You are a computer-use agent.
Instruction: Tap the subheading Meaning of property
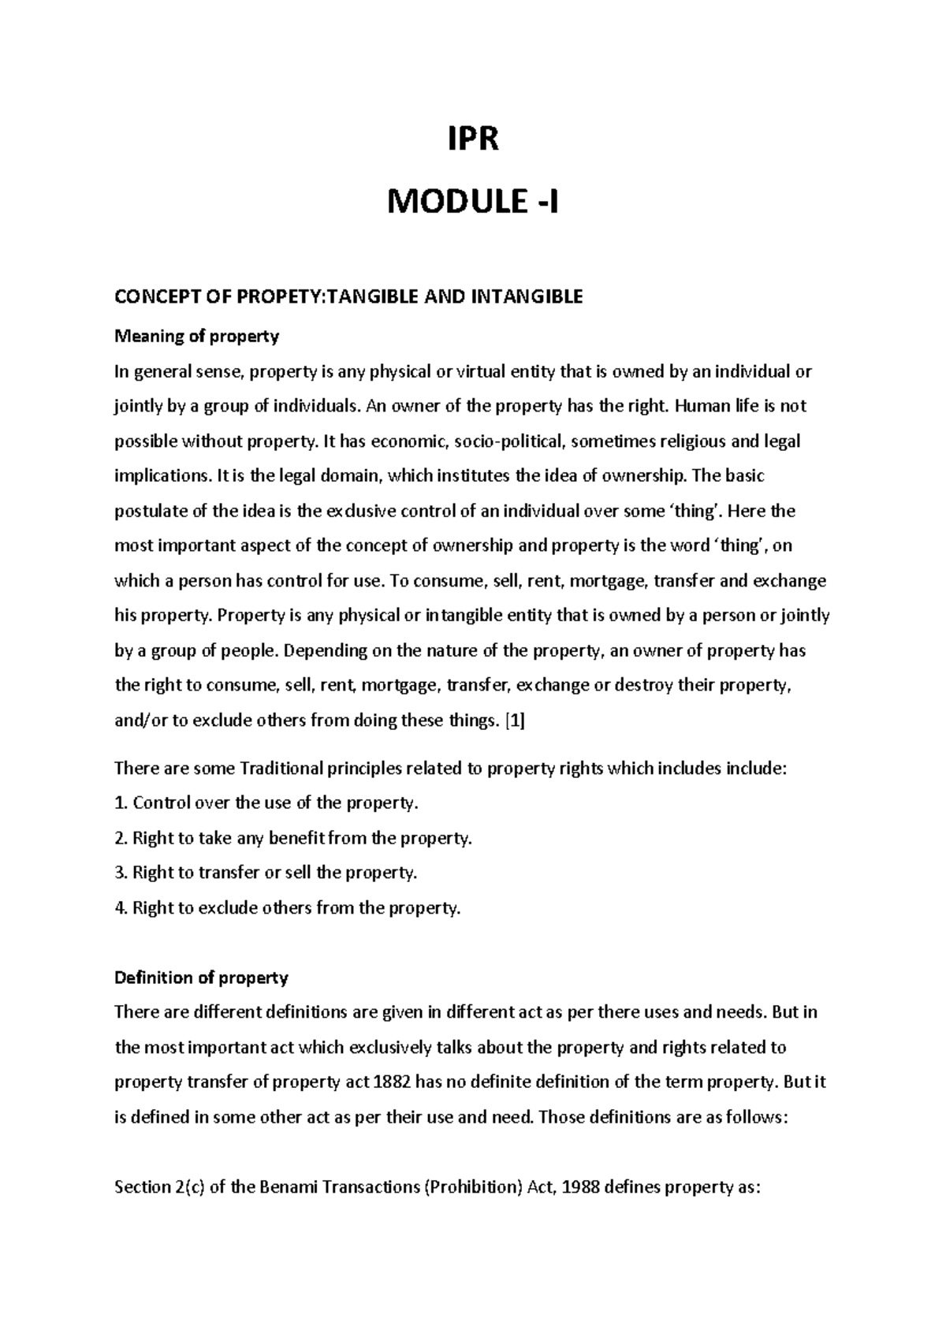click(x=197, y=337)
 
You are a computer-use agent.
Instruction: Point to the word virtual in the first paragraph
click(x=458, y=371)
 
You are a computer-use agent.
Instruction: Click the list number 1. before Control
click(x=121, y=803)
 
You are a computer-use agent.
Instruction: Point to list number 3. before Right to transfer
click(x=121, y=873)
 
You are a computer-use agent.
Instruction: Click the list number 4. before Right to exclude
click(x=121, y=907)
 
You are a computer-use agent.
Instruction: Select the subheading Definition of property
click(x=201, y=978)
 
